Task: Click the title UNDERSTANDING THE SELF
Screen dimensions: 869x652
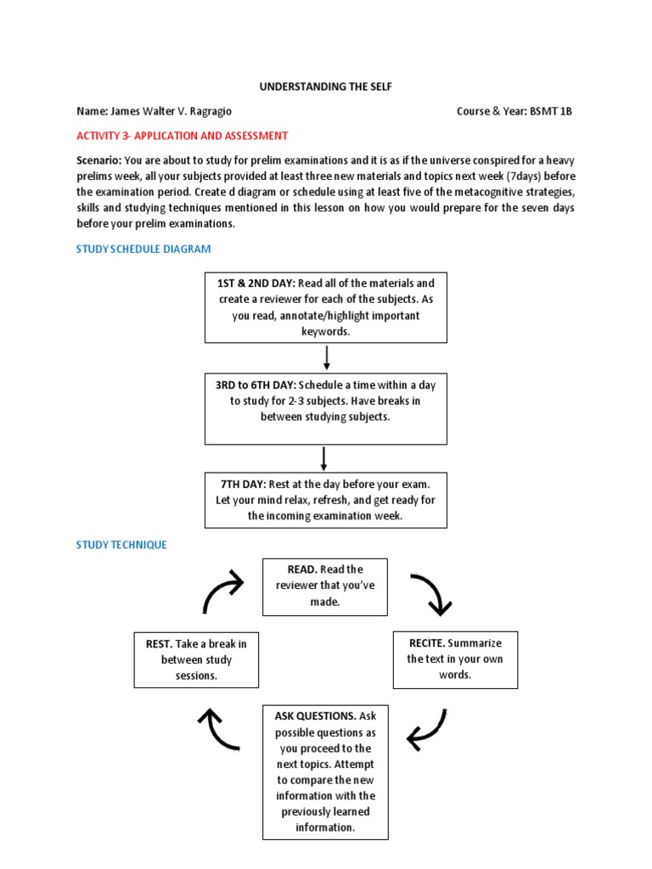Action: point(326,87)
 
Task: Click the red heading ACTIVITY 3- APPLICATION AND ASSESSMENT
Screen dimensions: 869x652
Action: point(183,136)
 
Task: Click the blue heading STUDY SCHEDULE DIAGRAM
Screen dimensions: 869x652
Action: point(143,249)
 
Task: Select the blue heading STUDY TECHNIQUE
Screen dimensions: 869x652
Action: point(121,545)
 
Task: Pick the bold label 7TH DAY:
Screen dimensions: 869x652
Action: point(242,484)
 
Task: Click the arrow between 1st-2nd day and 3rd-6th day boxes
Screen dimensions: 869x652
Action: point(327,356)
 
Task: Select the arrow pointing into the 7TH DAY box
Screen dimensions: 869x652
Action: point(324,458)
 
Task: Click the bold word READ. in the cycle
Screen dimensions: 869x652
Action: point(294,569)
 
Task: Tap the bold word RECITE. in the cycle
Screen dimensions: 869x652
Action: point(426,643)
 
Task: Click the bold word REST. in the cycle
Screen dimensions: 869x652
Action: point(158,643)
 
